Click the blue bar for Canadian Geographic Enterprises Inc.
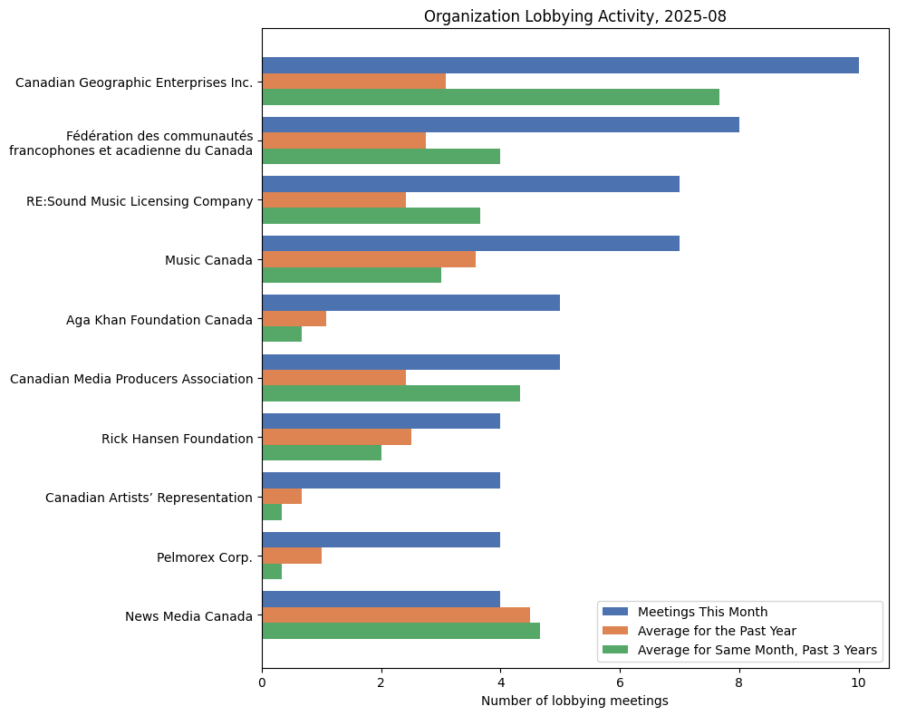coord(560,65)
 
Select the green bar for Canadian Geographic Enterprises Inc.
coord(490,97)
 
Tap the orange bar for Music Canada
coord(369,259)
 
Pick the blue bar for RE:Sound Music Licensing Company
coord(470,184)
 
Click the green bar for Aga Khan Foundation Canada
coord(282,334)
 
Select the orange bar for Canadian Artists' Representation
coord(282,497)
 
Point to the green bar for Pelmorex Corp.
coord(272,572)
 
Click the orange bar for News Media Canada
coord(396,615)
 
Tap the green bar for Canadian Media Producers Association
coord(391,393)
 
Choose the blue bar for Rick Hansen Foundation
coord(381,421)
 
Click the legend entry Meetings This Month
coord(702,611)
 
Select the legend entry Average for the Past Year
coord(717,630)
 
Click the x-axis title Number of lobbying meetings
coord(574,701)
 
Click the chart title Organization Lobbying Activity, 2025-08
coord(574,16)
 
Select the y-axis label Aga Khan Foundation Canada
coord(159,319)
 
